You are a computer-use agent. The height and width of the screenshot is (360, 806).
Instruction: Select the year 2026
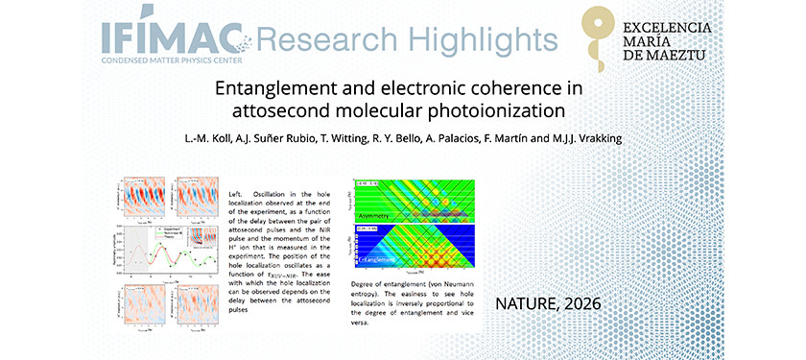pos(581,303)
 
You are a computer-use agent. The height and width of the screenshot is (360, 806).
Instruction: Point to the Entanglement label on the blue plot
pos(381,260)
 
